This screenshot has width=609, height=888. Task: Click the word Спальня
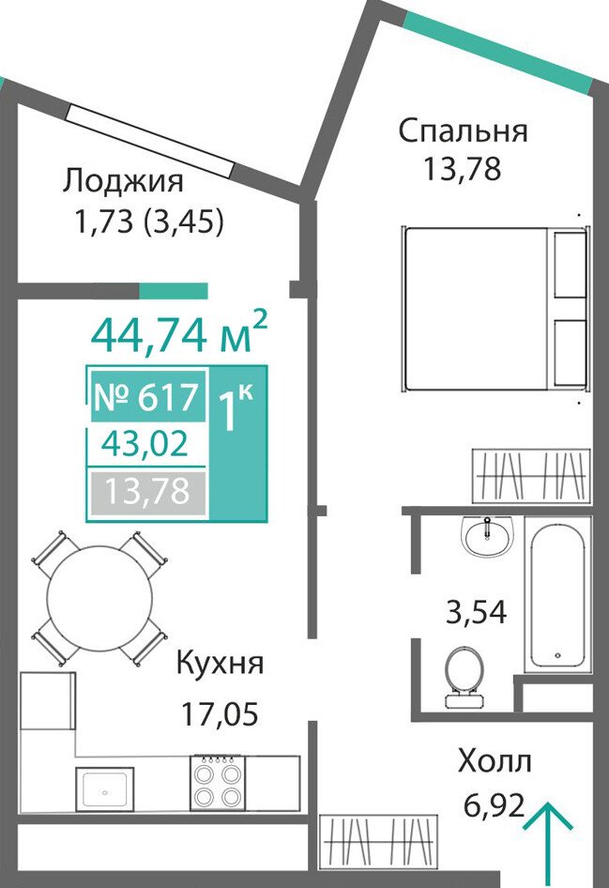[x=463, y=131]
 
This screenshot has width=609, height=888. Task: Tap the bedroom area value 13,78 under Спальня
[x=463, y=168]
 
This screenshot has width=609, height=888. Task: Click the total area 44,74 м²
[x=179, y=332]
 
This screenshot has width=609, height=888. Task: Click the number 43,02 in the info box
[x=145, y=444]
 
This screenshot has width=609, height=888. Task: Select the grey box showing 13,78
[x=147, y=490]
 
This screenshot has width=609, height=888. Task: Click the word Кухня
[x=221, y=663]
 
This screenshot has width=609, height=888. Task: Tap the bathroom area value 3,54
[x=476, y=612]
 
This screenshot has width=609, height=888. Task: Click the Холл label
[x=495, y=761]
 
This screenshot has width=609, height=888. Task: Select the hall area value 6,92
[x=495, y=805]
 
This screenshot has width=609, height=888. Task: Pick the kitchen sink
[x=105, y=789]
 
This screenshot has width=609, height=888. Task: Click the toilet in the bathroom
[x=464, y=678]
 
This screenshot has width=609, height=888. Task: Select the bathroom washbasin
[x=487, y=536]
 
